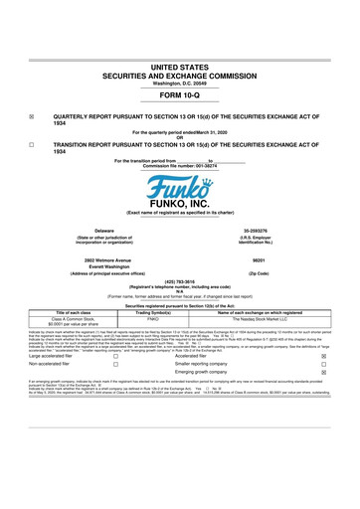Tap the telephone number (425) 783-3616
click(179, 279)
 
